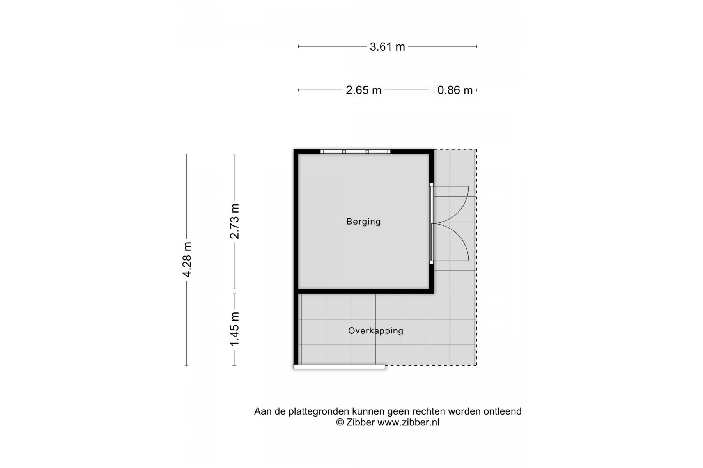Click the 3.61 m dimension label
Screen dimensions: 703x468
coord(387,47)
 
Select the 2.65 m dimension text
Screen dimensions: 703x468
coord(363,90)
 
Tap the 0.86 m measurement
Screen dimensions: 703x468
coord(455,90)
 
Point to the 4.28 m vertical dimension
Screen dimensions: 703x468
coord(187,259)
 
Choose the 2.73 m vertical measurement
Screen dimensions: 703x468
coord(234,221)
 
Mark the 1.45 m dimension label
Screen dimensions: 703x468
coord(234,329)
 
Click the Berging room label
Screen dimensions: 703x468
coord(363,222)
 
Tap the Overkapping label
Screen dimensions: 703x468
coord(375,331)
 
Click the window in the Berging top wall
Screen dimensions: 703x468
coord(355,151)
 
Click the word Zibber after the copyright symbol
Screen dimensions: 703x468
coord(360,422)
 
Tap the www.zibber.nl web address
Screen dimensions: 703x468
coord(408,422)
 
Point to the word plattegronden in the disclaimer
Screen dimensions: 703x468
coord(319,411)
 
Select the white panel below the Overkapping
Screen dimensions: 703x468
coord(340,367)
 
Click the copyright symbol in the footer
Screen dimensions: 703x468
coord(340,422)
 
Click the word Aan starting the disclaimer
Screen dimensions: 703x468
coord(262,411)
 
